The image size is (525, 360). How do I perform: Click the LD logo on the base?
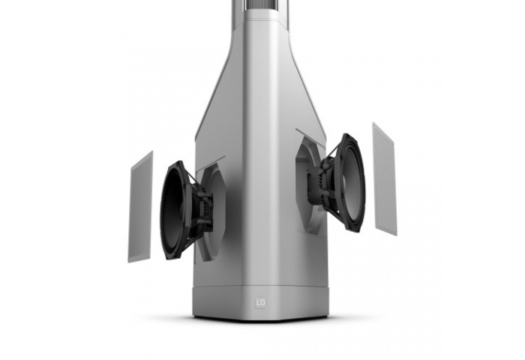pyautogui.click(x=261, y=304)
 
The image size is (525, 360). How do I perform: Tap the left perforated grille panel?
pyautogui.click(x=140, y=207)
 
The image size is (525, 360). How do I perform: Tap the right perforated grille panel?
pyautogui.click(x=384, y=178)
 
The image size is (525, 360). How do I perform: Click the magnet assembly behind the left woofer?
pyautogui.click(x=201, y=210)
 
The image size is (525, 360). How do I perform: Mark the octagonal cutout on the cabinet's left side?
pyautogui.click(x=211, y=214)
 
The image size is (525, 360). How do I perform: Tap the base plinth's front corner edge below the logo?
pyautogui.click(x=261, y=316)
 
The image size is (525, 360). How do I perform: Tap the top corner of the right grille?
pyautogui.click(x=374, y=124)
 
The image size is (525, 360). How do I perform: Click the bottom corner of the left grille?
pyautogui.click(x=130, y=260)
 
